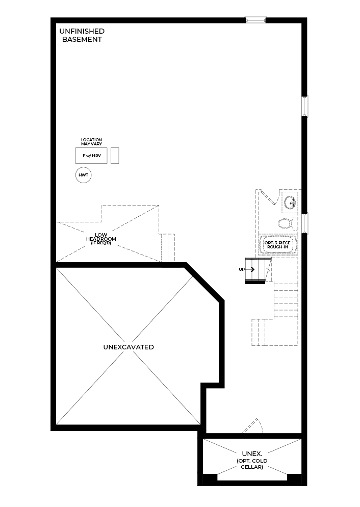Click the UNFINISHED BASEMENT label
(x=82, y=35)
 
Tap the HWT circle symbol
(x=84, y=175)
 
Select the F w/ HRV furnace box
(x=91, y=156)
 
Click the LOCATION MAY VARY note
(x=91, y=142)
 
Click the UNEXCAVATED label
(x=128, y=347)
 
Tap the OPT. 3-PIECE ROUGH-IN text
(x=277, y=245)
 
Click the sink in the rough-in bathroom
(x=290, y=202)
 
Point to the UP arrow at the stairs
(x=250, y=269)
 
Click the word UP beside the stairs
(x=242, y=269)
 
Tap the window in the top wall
(x=255, y=20)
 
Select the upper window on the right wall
(x=305, y=106)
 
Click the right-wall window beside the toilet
(x=305, y=223)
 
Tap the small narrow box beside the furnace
(x=115, y=156)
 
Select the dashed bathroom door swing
(x=270, y=197)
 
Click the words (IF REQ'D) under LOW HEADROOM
(x=101, y=243)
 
